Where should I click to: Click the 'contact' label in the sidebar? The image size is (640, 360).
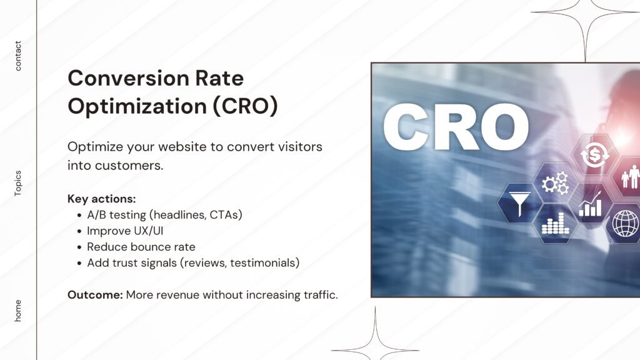coord(18,56)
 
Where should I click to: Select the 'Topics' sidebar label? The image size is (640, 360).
coord(18,183)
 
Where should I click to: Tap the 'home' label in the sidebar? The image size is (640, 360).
coord(18,311)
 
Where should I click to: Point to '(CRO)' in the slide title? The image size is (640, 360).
coord(245,106)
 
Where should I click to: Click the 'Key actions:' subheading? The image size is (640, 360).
coord(102,199)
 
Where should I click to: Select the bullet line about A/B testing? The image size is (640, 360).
coord(164,215)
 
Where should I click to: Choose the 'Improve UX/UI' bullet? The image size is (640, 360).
coord(125,231)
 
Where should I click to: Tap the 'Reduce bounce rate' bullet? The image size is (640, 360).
coord(141,247)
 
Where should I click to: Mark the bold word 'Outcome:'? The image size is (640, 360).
coord(95,295)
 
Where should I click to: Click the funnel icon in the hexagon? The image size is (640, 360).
coord(519,203)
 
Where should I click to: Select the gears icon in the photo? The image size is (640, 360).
coord(555,183)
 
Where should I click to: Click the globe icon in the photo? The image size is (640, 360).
coord(624,223)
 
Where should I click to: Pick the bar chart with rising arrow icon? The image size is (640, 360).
coord(590,204)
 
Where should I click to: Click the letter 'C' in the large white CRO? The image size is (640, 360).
coord(405,126)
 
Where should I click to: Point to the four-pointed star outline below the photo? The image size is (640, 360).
coord(375,350)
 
